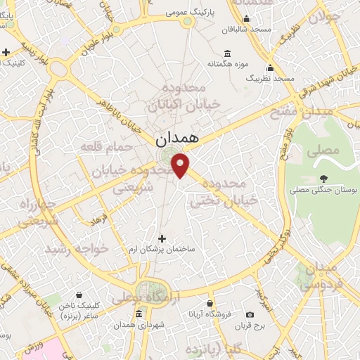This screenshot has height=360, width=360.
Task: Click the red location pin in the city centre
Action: (x=181, y=166)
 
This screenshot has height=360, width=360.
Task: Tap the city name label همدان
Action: (x=176, y=141)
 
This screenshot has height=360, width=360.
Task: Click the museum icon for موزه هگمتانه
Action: (x=227, y=54)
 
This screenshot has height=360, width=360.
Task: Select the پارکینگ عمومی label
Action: (x=186, y=13)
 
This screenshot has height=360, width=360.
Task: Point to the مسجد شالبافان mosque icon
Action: (x=245, y=19)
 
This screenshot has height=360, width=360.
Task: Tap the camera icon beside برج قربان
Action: (x=250, y=315)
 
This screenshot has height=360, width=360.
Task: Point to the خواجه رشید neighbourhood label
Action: (x=73, y=250)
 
